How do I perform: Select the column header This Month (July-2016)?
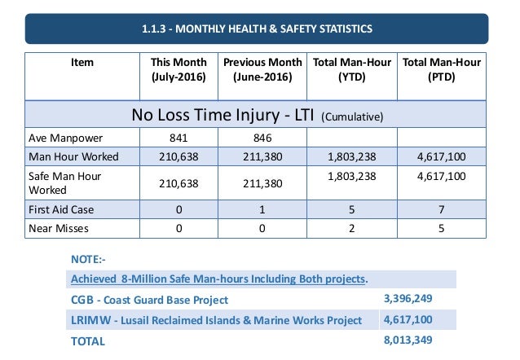(178, 70)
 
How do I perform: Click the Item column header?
(82, 63)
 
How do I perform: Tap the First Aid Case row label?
(59, 209)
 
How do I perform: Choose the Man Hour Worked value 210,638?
(178, 156)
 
